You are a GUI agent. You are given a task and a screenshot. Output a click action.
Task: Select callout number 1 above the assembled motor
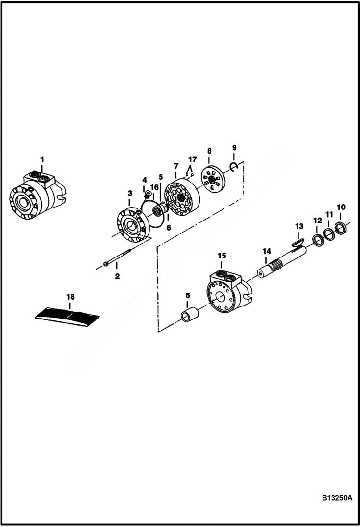coord(42,159)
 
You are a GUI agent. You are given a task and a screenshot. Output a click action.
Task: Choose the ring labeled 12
coord(318,239)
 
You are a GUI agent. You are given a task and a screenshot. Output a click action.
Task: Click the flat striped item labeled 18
coord(68,316)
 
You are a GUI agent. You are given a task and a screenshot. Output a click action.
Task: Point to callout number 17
coord(192,159)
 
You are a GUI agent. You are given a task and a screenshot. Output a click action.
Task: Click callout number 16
coord(154,187)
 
